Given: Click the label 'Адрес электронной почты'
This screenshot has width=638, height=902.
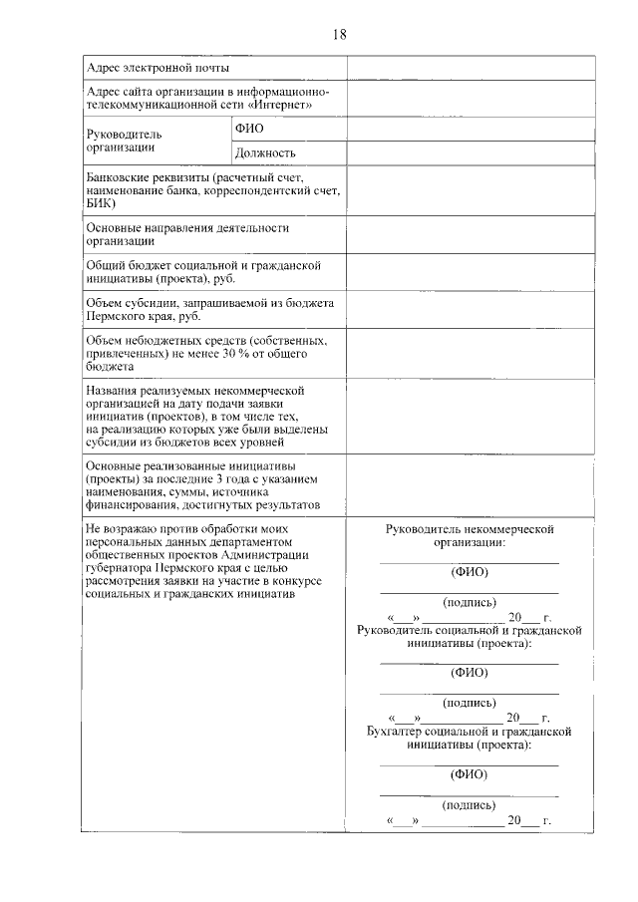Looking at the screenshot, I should [x=158, y=68].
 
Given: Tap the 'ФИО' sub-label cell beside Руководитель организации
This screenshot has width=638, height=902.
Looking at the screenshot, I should [x=248, y=130].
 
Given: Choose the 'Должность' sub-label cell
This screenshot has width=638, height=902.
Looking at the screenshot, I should [x=265, y=152].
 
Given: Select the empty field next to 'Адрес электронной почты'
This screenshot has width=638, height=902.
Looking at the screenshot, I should [x=471, y=68].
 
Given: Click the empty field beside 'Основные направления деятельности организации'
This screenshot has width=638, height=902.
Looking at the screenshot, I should [x=471, y=234].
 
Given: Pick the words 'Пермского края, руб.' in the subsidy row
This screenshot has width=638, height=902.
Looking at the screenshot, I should [x=144, y=317].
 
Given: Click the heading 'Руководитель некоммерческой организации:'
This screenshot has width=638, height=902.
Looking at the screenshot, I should [x=469, y=536].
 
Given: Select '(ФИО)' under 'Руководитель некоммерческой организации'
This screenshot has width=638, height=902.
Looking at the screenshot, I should [x=469, y=573].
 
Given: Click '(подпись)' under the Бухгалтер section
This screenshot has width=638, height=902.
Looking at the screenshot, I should [x=469, y=804].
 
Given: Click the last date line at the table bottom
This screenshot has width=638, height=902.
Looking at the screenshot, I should [x=469, y=822].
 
